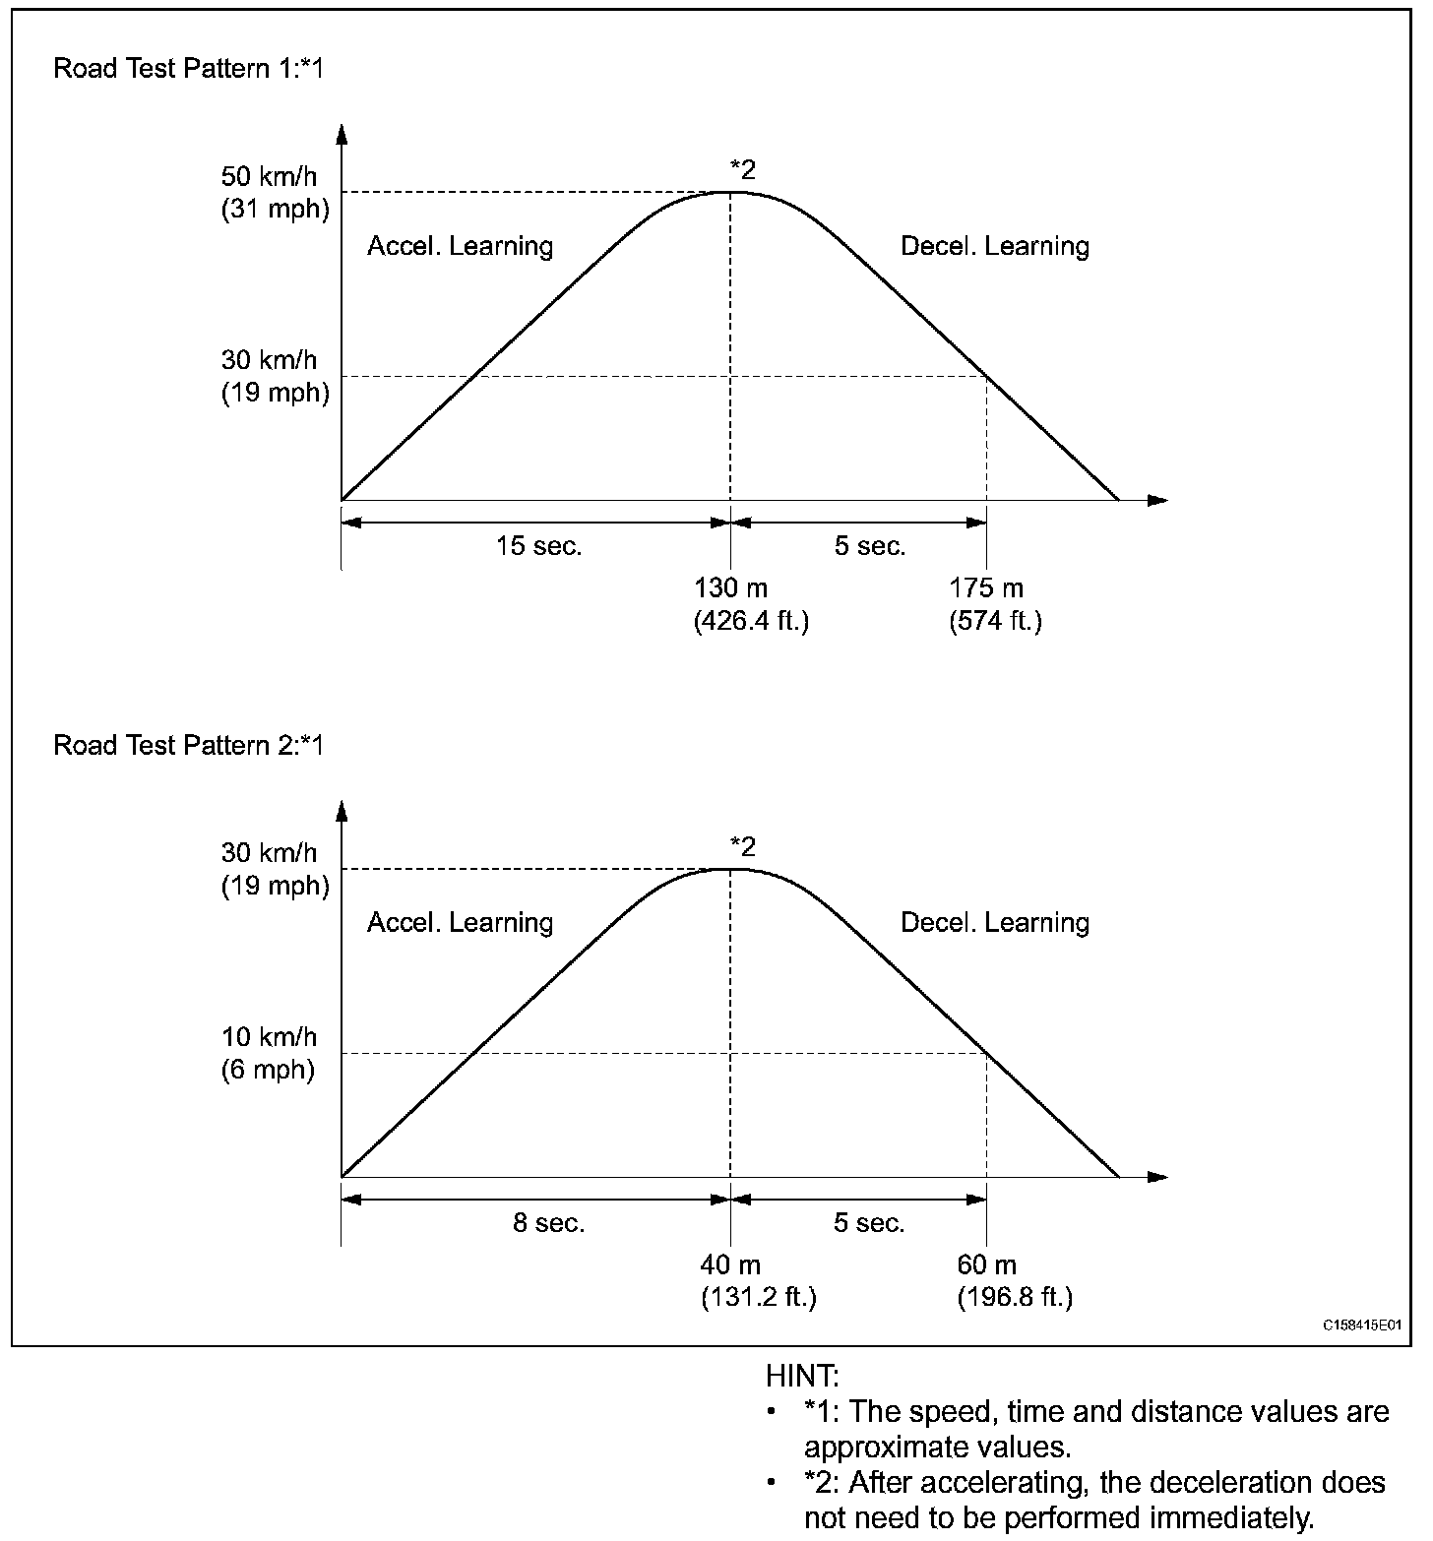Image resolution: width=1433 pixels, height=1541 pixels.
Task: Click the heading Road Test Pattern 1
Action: (187, 69)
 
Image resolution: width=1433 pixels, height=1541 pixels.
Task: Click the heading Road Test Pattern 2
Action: (187, 745)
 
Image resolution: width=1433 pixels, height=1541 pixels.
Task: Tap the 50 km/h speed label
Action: (270, 177)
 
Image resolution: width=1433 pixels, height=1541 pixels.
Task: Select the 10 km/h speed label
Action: (269, 1036)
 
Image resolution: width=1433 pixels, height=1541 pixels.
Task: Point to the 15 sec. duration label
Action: (538, 546)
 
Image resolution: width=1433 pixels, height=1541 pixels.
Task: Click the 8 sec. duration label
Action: (548, 1223)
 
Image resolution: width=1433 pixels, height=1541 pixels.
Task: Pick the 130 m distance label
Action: (730, 588)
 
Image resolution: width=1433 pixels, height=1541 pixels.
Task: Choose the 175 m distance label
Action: (986, 588)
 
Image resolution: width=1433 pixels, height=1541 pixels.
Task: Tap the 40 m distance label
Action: (730, 1264)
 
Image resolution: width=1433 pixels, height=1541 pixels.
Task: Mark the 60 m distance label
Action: (986, 1264)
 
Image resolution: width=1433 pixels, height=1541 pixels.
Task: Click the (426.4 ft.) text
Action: (751, 622)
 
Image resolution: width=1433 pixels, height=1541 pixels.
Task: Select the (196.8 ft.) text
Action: (1015, 1298)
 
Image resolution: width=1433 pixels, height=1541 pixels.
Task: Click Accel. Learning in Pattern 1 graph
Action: (460, 246)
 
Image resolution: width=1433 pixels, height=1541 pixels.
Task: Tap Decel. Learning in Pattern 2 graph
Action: (995, 922)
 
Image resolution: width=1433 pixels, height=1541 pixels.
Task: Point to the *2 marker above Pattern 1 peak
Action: (742, 169)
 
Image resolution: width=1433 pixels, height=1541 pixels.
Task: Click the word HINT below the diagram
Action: (801, 1376)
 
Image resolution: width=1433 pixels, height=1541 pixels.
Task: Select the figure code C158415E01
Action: (1361, 1325)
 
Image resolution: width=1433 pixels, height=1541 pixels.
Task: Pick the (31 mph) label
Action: (275, 210)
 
